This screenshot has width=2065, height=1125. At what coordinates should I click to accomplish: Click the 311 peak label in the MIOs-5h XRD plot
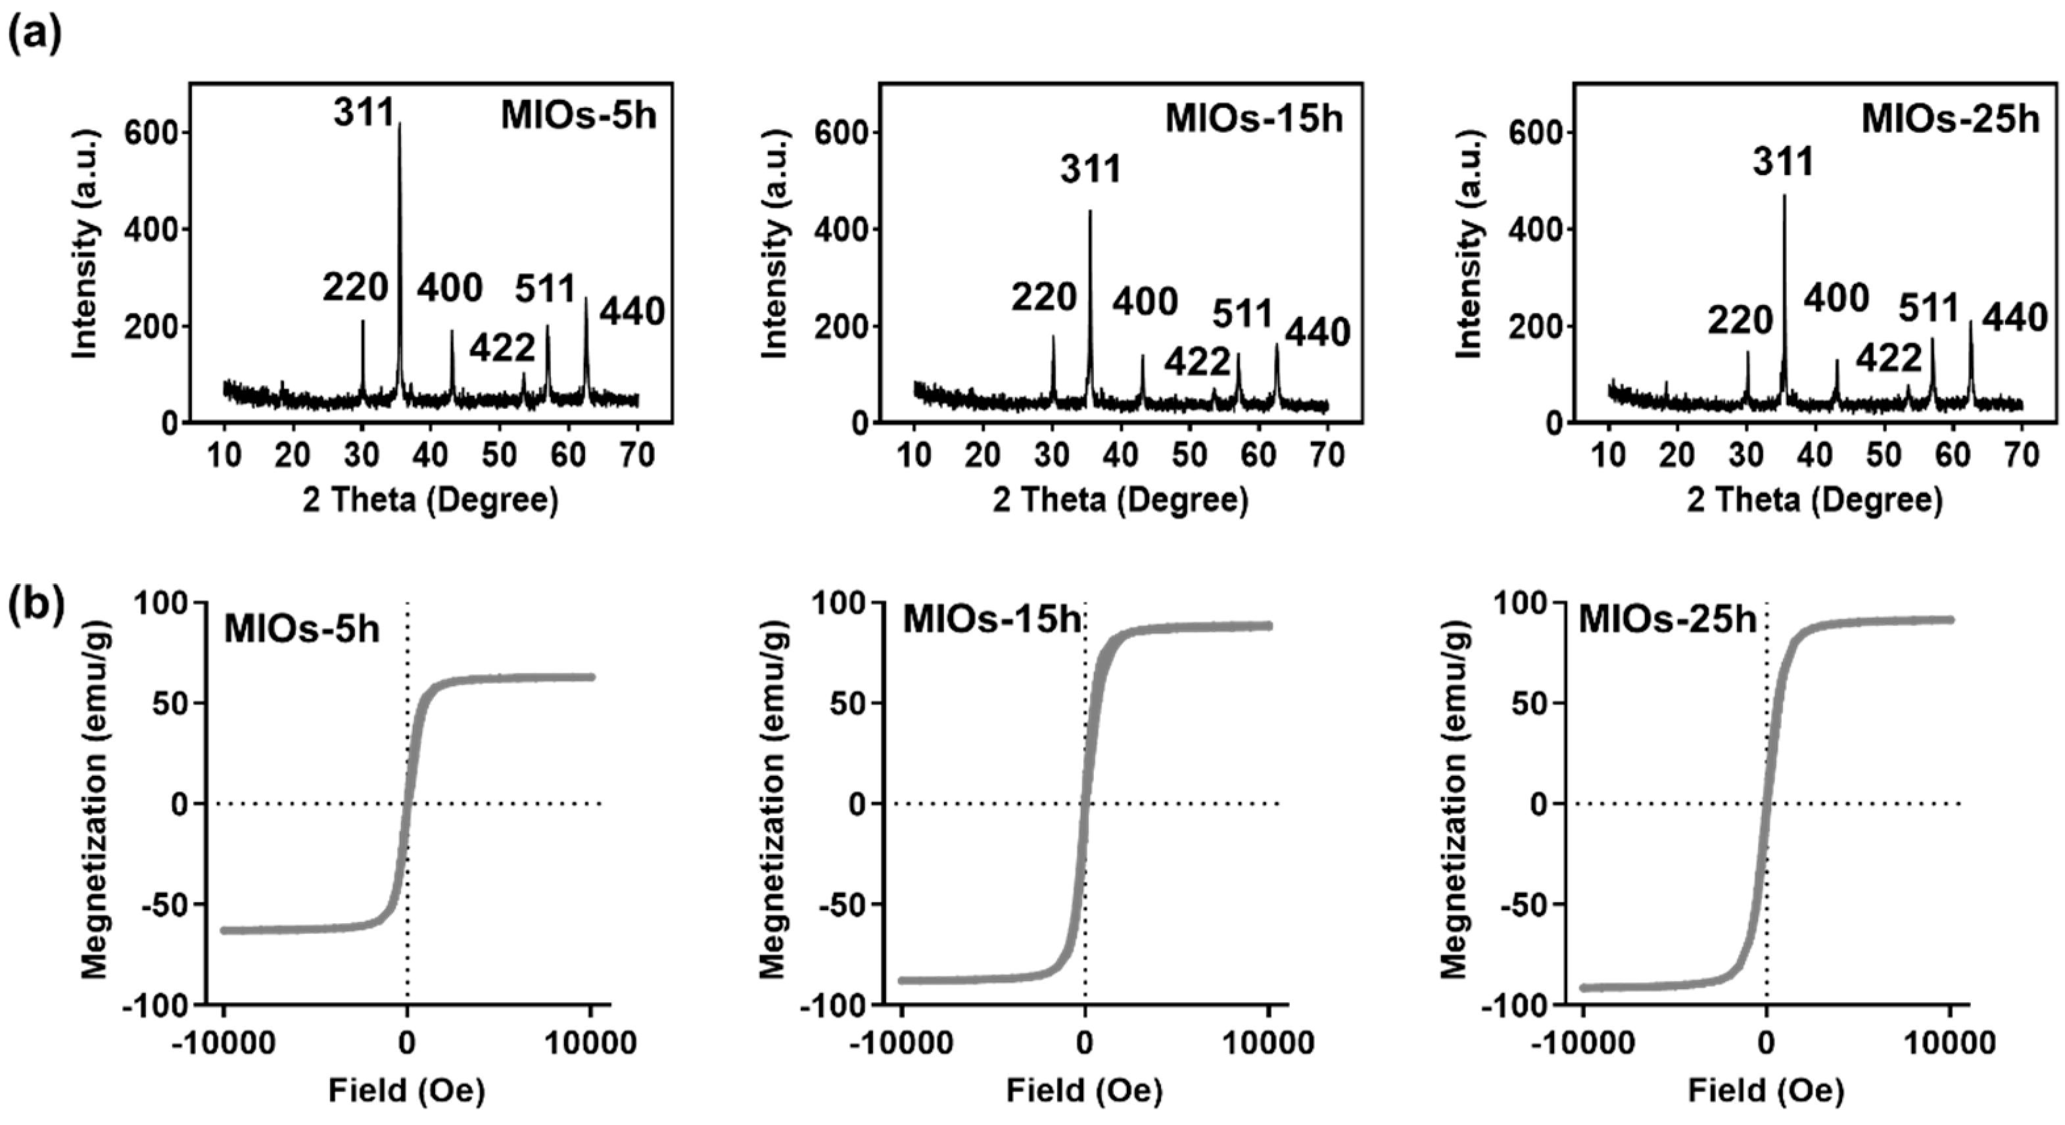pyautogui.click(x=365, y=113)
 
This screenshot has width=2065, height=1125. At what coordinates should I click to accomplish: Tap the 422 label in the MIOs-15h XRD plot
pyautogui.click(x=1197, y=363)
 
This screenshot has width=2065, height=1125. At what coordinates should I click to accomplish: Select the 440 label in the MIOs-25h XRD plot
pyautogui.click(x=2014, y=318)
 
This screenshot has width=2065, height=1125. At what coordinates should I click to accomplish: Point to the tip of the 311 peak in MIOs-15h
pyautogui.click(x=1089, y=212)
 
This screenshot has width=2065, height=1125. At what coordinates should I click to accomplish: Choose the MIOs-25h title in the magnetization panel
pyautogui.click(x=1667, y=621)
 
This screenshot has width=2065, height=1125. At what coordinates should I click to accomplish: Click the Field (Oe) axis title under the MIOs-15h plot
pyautogui.click(x=1084, y=1091)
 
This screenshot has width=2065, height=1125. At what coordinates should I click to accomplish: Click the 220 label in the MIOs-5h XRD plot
pyautogui.click(x=355, y=288)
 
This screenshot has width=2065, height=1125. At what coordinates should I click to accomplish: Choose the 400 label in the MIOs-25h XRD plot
pyautogui.click(x=1836, y=299)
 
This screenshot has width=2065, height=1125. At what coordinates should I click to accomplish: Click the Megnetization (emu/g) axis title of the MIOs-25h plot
pyautogui.click(x=1454, y=803)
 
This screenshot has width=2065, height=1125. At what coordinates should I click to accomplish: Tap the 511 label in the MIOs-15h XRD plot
pyautogui.click(x=1242, y=314)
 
